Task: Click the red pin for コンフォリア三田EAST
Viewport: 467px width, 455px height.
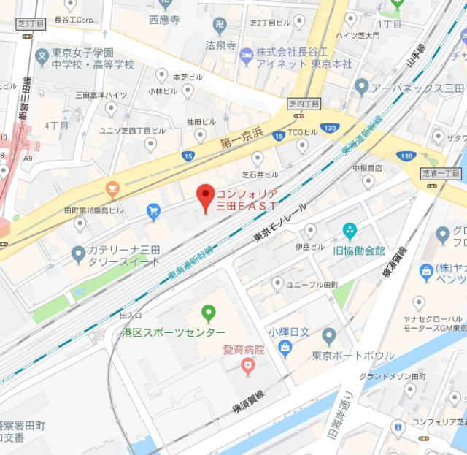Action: (x=205, y=194)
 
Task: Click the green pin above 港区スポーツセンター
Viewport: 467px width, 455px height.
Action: (x=209, y=313)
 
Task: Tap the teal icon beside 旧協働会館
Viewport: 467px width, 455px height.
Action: (x=350, y=232)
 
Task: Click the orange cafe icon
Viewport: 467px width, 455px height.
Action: (x=112, y=190)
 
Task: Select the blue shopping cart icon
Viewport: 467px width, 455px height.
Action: (x=153, y=212)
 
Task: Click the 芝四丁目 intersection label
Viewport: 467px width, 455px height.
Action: (x=303, y=104)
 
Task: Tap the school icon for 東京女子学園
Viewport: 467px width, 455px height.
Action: (x=42, y=56)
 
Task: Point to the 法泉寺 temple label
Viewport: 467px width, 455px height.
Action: (x=220, y=45)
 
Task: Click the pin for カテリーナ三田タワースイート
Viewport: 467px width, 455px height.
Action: (x=78, y=254)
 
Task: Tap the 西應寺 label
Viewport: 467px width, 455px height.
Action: (x=163, y=20)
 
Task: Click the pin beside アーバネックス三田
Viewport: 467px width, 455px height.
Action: (x=361, y=87)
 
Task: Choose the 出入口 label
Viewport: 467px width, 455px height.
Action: (x=131, y=316)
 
